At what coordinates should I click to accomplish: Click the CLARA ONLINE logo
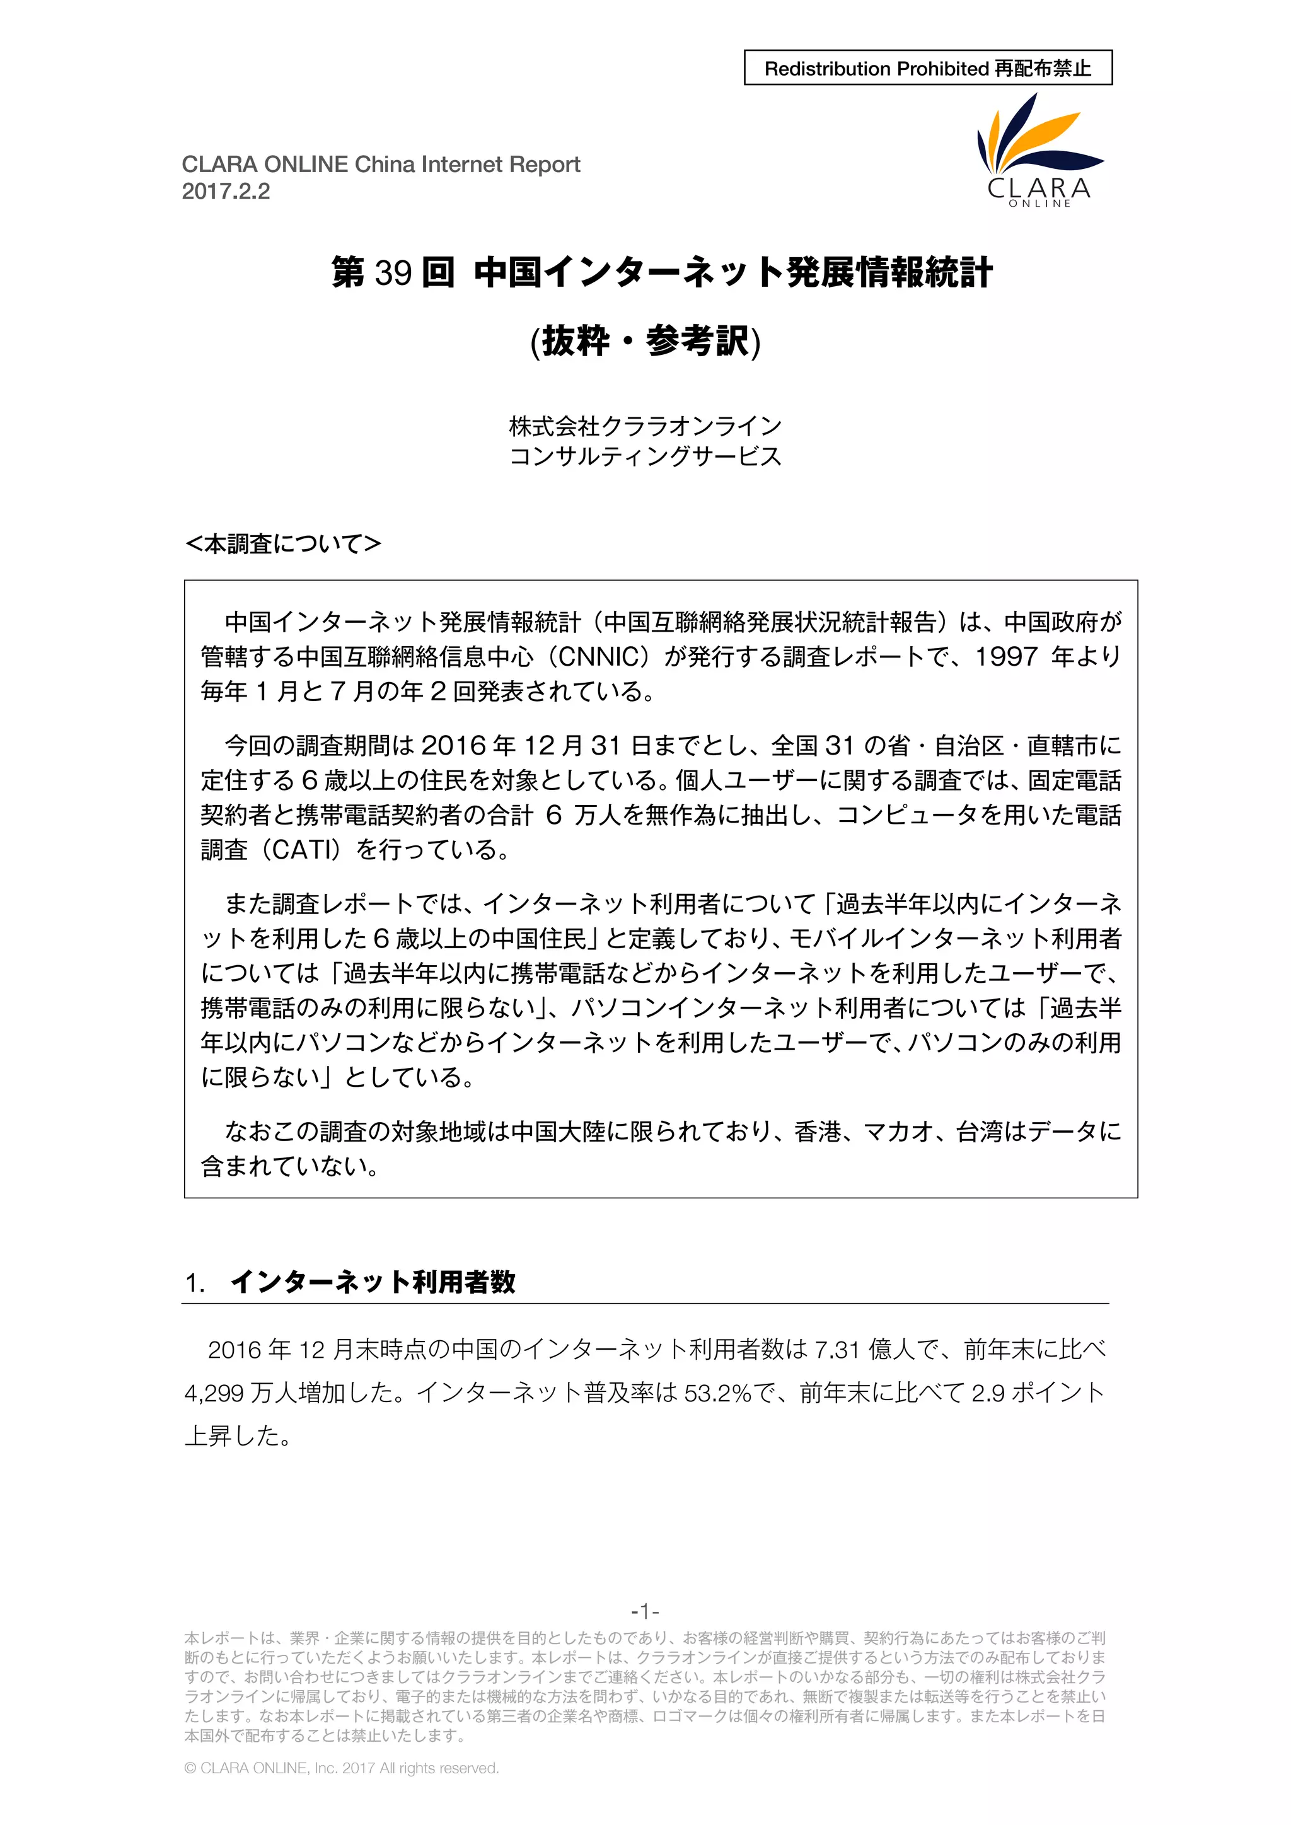[1039, 151]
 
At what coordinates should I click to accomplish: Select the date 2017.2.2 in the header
[226, 192]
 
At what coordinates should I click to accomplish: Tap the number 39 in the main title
[393, 272]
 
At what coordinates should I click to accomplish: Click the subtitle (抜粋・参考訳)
[645, 342]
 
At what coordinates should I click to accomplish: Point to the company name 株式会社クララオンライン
[645, 426]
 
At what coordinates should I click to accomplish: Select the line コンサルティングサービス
[645, 456]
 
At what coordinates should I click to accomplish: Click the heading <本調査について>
[283, 543]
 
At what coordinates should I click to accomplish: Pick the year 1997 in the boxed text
[1007, 656]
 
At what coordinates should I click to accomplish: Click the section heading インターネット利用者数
[373, 1282]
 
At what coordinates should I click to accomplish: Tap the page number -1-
[645, 1611]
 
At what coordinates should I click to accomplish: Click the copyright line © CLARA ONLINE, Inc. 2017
[342, 1768]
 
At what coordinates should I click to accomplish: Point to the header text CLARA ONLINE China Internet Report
[381, 165]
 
